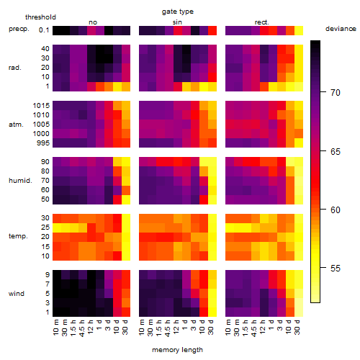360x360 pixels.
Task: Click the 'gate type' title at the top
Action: click(x=178, y=12)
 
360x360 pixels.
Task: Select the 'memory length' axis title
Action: click(x=177, y=350)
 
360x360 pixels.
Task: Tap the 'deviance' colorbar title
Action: click(x=341, y=29)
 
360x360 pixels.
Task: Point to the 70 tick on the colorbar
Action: click(x=323, y=92)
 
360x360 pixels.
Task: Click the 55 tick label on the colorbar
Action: click(x=336, y=268)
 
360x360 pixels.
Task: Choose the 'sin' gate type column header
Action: click(x=177, y=22)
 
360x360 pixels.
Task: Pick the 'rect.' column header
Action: click(x=262, y=22)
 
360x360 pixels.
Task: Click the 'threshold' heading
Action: click(x=40, y=17)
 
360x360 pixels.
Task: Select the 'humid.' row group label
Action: click(x=20, y=181)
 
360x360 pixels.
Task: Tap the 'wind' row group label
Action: click(x=17, y=294)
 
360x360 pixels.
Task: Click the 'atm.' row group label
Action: click(x=16, y=125)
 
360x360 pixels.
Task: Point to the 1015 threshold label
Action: click(x=41, y=106)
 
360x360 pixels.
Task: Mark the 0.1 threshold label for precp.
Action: click(x=44, y=30)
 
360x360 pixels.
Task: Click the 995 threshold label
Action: click(x=43, y=143)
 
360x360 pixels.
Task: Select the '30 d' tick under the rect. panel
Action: click(x=297, y=327)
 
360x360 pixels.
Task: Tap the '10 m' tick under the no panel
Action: click(x=55, y=327)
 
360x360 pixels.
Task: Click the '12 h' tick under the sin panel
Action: click(x=176, y=327)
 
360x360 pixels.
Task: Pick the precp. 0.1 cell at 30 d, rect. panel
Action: click(x=299, y=31)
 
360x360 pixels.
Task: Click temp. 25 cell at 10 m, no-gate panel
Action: click(x=57, y=228)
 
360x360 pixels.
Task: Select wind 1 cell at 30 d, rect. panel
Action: click(x=299, y=312)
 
